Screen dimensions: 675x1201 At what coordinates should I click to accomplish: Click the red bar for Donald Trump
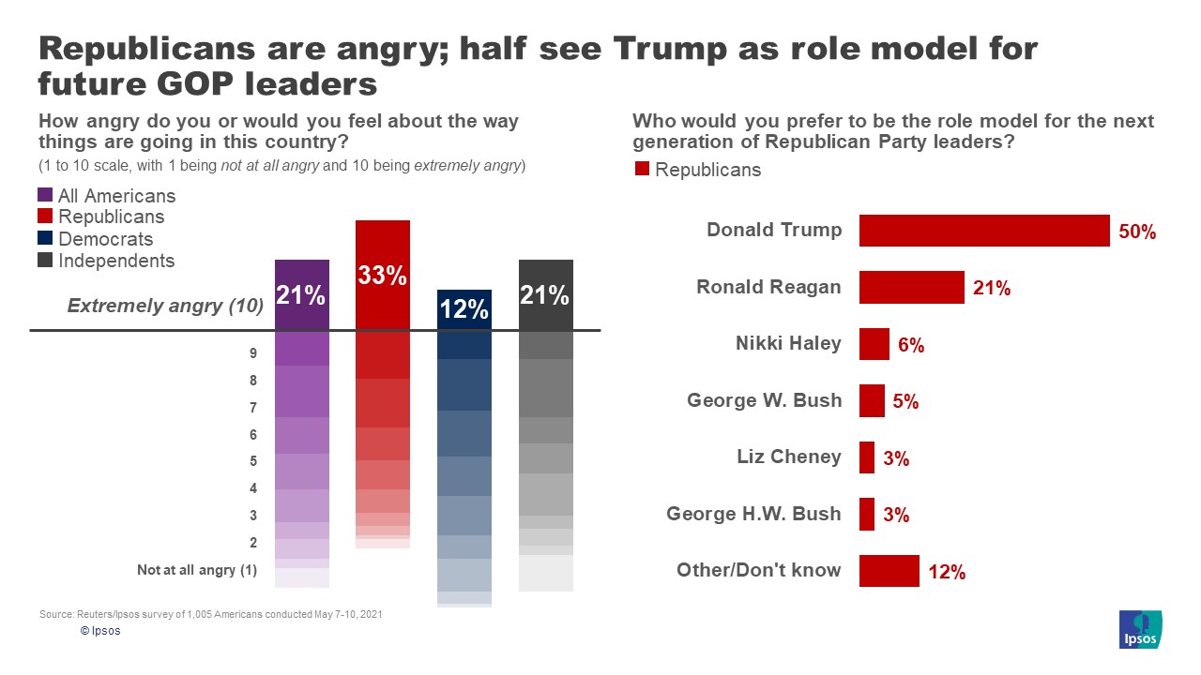pyautogui.click(x=984, y=231)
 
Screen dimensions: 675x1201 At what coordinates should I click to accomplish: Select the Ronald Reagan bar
pyautogui.click(x=911, y=288)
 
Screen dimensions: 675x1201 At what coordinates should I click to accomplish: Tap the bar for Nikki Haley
pyautogui.click(x=874, y=344)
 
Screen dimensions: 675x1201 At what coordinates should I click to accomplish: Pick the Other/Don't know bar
pyautogui.click(x=889, y=571)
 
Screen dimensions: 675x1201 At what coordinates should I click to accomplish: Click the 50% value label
pyautogui.click(x=1137, y=232)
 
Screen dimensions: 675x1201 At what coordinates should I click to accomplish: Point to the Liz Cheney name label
pyautogui.click(x=789, y=457)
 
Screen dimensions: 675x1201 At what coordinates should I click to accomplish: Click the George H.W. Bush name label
pyautogui.click(x=753, y=514)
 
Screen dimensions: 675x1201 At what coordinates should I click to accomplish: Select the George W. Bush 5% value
pyautogui.click(x=905, y=402)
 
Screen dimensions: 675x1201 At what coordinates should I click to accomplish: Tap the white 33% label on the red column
pyautogui.click(x=382, y=276)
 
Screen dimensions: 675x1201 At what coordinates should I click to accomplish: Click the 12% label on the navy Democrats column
pyautogui.click(x=464, y=308)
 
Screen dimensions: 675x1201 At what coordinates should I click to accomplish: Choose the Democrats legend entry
pyautogui.click(x=95, y=239)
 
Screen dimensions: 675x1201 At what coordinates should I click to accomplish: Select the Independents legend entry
pyautogui.click(x=105, y=261)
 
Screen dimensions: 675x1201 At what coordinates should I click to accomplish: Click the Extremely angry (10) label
pyautogui.click(x=165, y=306)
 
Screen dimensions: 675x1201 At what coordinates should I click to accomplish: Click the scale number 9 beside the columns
pyautogui.click(x=253, y=354)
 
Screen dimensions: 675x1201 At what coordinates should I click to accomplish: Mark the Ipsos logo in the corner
pyautogui.click(x=1141, y=629)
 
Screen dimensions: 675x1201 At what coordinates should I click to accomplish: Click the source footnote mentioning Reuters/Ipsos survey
pyautogui.click(x=210, y=614)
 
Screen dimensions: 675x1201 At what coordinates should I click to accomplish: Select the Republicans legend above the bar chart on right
pyautogui.click(x=698, y=170)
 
